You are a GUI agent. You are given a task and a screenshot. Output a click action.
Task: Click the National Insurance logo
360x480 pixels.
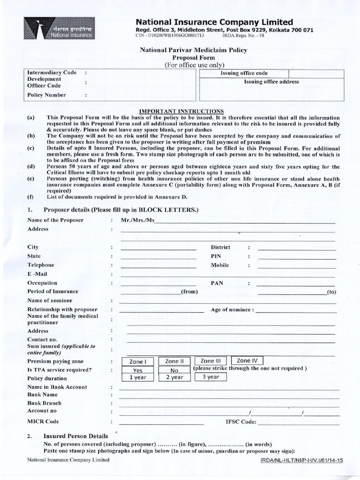59,28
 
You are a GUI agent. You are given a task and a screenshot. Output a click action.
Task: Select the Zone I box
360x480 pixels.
138,361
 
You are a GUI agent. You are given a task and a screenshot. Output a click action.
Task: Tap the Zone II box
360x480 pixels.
172,361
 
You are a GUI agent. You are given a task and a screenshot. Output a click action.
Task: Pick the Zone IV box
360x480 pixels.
247,360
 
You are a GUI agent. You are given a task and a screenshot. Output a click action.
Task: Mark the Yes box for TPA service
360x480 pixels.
138,370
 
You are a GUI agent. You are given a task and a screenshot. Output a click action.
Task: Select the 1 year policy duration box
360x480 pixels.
138,377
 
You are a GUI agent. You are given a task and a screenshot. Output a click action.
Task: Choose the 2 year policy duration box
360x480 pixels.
174,377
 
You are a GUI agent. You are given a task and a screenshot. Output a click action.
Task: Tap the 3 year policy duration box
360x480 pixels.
210,376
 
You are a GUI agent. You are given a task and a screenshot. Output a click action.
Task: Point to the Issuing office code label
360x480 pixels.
244,74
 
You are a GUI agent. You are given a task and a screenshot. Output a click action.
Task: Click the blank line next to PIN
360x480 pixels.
297,256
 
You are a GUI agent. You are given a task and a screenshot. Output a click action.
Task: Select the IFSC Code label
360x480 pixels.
241,422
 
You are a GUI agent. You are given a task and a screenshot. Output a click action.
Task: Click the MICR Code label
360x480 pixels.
43,421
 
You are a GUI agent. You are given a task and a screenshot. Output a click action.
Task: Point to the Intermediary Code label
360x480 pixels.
52,73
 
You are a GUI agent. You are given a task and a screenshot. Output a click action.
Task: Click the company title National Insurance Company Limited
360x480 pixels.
214,22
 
